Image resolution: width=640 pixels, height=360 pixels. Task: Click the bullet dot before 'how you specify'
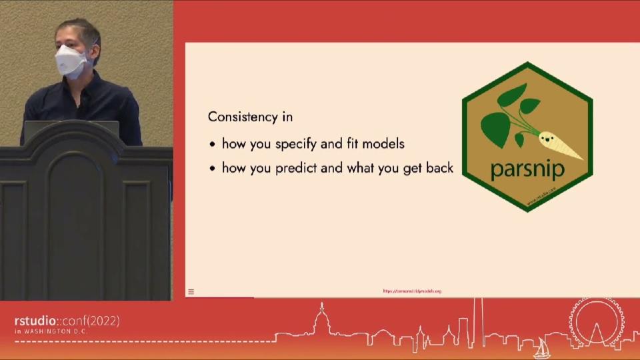pos(212,144)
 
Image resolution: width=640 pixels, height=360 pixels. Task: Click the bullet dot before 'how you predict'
pos(212,169)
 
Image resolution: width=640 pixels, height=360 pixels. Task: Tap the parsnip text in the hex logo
pos(527,168)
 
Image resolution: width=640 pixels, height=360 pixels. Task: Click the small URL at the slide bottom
pos(412,291)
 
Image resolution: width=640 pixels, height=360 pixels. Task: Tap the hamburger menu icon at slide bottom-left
pos(191,291)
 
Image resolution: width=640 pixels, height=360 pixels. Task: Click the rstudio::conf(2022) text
pos(67,321)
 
